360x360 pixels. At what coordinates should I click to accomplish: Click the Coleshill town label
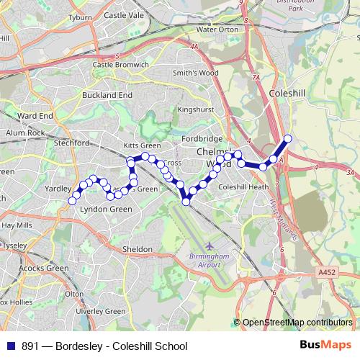pyautogui.click(x=287, y=93)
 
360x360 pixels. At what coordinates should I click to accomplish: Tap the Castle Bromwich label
pyautogui.click(x=120, y=64)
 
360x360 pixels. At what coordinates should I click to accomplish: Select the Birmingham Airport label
pyautogui.click(x=209, y=260)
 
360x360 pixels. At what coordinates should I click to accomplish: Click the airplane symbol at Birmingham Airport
pyautogui.click(x=210, y=246)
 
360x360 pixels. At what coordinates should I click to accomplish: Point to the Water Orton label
pyautogui.click(x=217, y=30)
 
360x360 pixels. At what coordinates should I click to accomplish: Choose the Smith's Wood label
pyautogui.click(x=195, y=73)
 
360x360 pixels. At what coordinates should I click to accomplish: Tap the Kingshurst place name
pyautogui.click(x=191, y=109)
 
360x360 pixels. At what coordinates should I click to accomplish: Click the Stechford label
pyautogui.click(x=71, y=143)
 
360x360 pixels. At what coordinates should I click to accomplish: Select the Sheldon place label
pyautogui.click(x=137, y=249)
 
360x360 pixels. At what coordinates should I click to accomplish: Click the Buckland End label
pyautogui.click(x=107, y=94)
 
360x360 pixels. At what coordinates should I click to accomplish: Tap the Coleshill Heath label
pyautogui.click(x=243, y=186)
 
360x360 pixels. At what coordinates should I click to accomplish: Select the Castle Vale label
pyautogui.click(x=125, y=14)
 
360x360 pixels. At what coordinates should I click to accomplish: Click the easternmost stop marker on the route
pyautogui.click(x=288, y=138)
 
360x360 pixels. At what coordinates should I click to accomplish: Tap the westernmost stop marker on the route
pyautogui.click(x=71, y=201)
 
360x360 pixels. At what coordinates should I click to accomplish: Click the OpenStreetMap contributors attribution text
pyautogui.click(x=297, y=323)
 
